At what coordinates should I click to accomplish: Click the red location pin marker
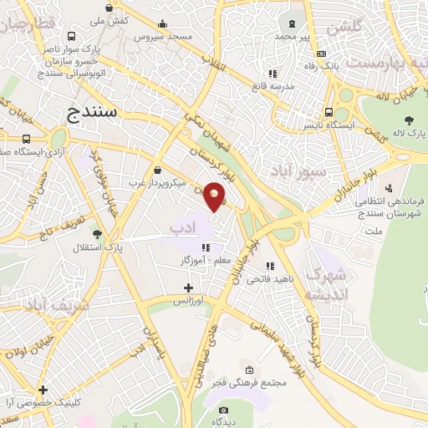(x=215, y=196)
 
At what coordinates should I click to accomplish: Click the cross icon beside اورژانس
(x=189, y=288)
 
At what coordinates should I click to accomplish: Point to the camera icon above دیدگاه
(x=223, y=410)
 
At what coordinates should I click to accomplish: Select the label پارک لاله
(x=410, y=133)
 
